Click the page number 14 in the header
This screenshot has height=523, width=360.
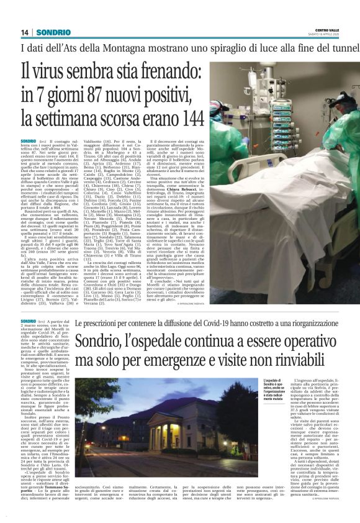point(25,32)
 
